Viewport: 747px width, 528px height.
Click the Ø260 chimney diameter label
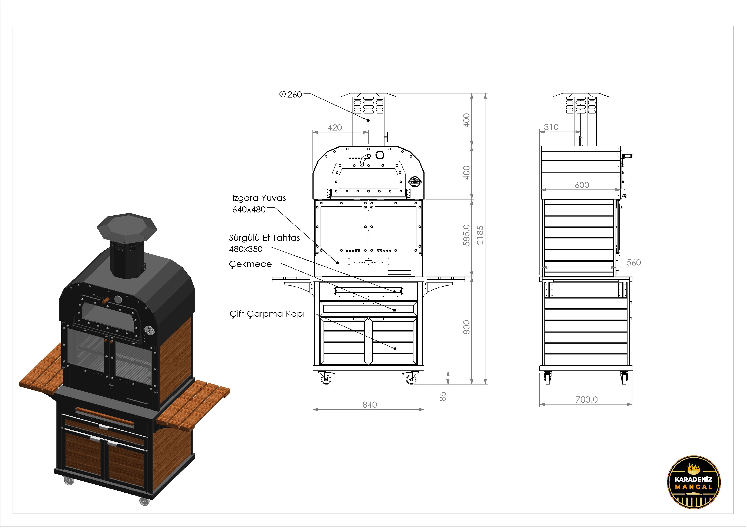pyautogui.click(x=291, y=94)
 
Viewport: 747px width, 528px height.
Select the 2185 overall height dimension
pyautogui.click(x=480, y=235)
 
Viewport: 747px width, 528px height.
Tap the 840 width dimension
pyautogui.click(x=370, y=405)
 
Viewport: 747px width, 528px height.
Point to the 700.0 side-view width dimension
pyautogui.click(x=587, y=400)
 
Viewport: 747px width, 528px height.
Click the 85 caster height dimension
pyautogui.click(x=443, y=397)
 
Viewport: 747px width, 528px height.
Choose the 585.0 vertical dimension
pyautogui.click(x=466, y=235)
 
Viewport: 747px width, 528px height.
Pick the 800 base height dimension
pyautogui.click(x=466, y=327)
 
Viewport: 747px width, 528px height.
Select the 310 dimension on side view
pyautogui.click(x=551, y=127)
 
